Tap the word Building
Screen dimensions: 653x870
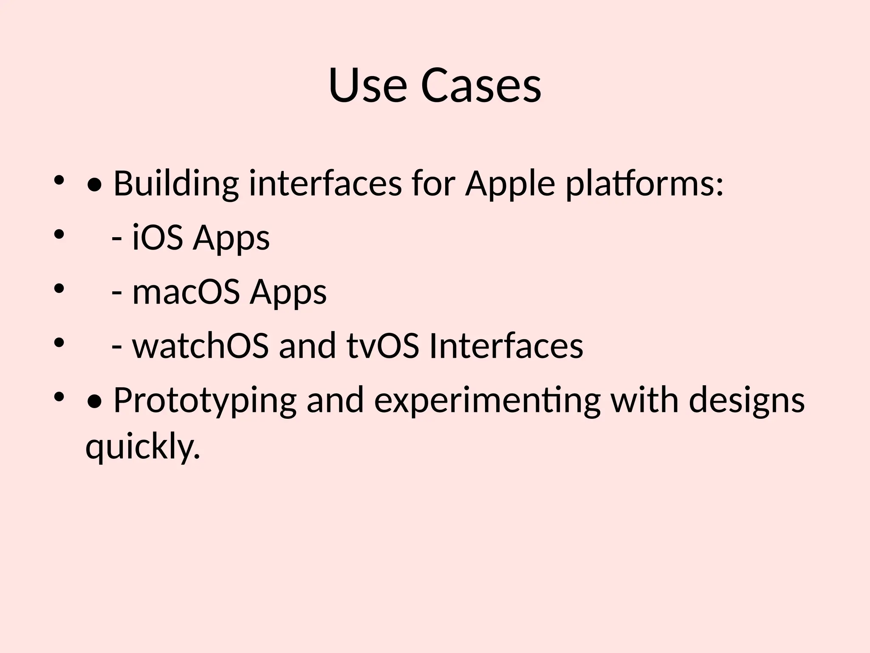[x=176, y=184]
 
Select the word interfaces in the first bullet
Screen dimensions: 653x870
[x=325, y=184]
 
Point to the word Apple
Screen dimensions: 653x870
[x=510, y=184]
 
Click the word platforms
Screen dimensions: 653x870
[x=644, y=184]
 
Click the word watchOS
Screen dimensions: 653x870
[x=201, y=346]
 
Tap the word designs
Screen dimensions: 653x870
[x=746, y=400]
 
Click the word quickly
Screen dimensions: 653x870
[x=142, y=447]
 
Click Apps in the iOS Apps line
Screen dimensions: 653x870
[x=232, y=238]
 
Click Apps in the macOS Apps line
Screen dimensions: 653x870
[x=288, y=292]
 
